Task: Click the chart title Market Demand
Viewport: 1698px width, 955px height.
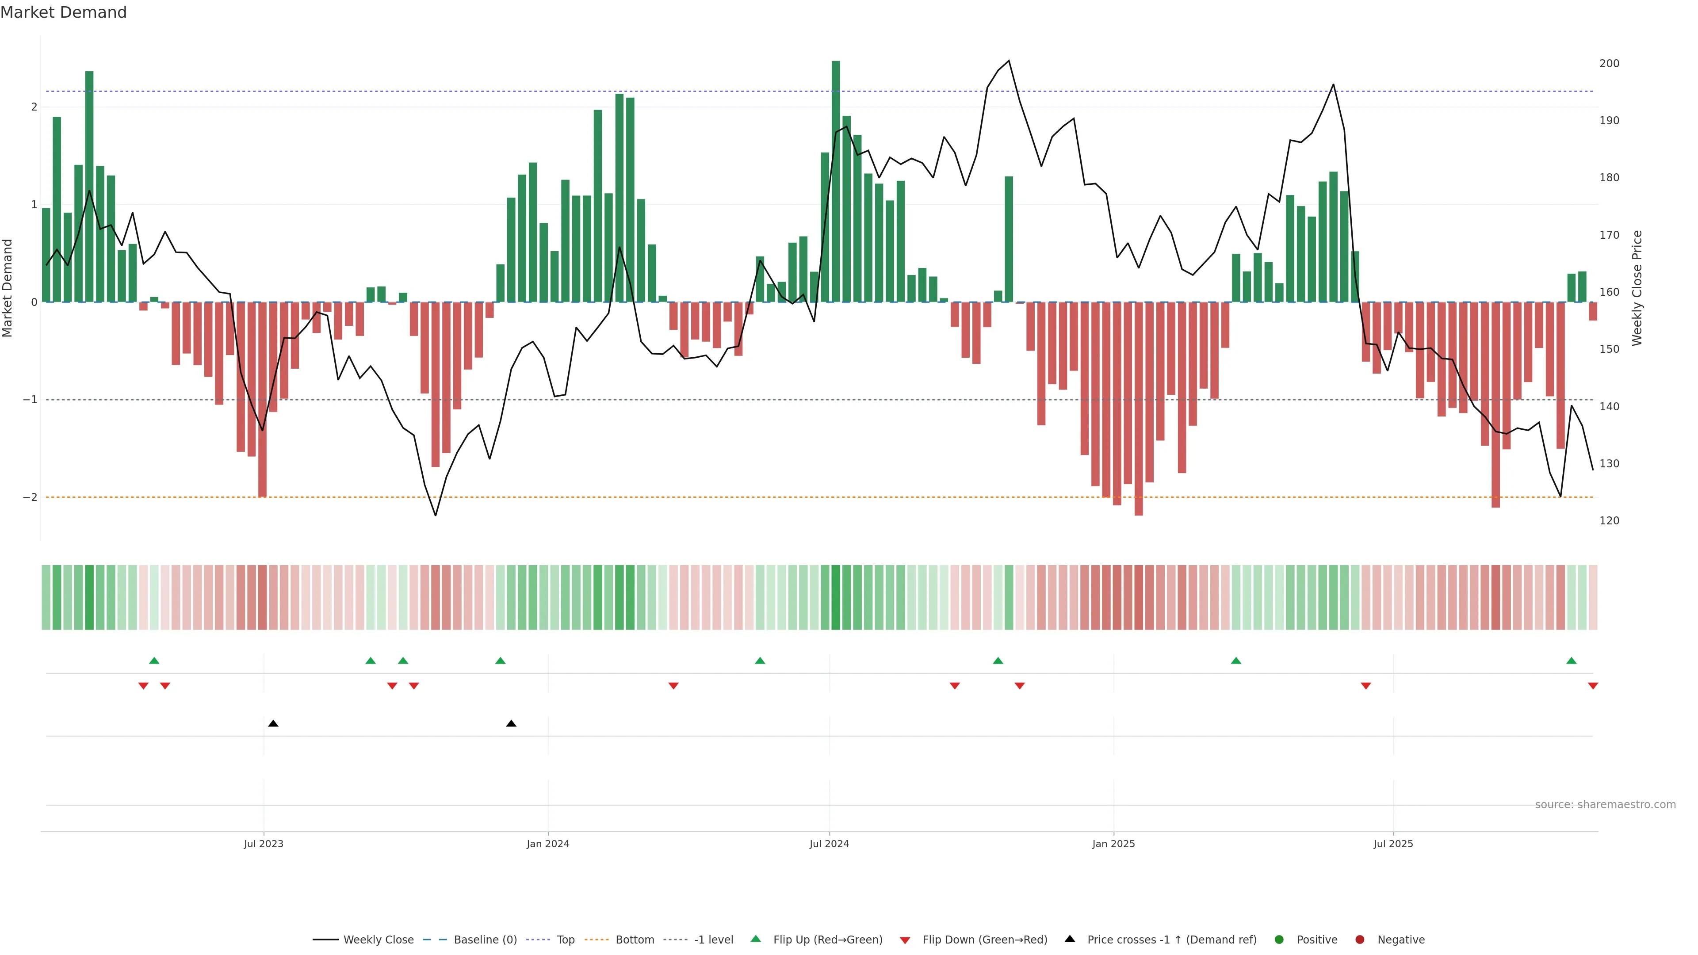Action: click(63, 12)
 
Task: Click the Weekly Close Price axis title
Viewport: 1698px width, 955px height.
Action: click(1637, 288)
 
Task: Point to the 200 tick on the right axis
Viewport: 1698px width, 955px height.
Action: click(1609, 63)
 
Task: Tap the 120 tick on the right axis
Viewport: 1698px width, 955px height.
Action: click(1609, 521)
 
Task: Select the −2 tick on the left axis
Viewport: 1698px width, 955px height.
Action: click(30, 497)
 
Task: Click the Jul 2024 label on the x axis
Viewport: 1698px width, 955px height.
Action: click(829, 844)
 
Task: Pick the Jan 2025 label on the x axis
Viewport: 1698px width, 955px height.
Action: click(1113, 844)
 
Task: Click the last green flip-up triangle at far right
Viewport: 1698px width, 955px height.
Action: click(1572, 661)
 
